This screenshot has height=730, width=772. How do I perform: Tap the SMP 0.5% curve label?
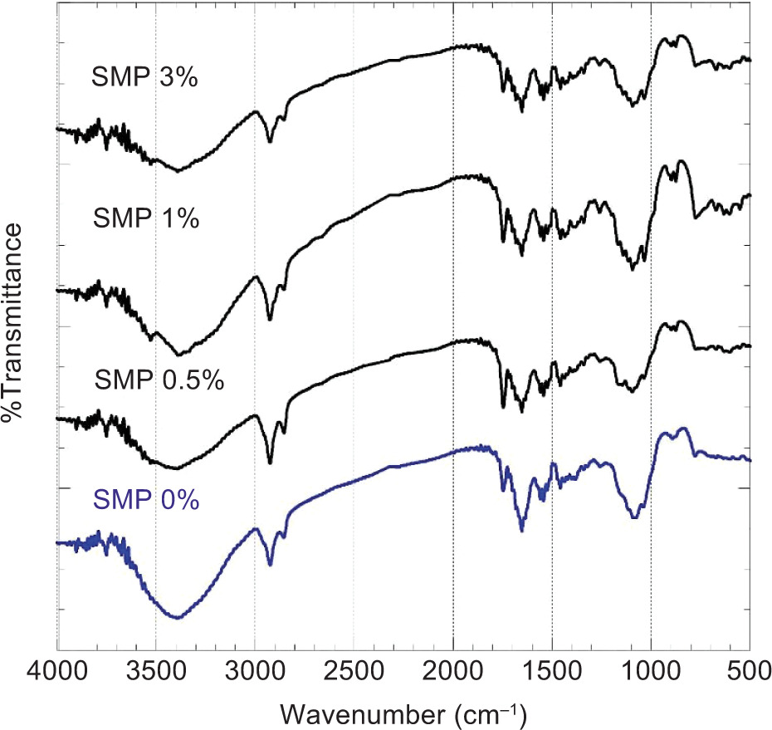(159, 380)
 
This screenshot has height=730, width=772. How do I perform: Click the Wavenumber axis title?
(403, 713)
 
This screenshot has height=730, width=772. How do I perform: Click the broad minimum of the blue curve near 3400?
(177, 617)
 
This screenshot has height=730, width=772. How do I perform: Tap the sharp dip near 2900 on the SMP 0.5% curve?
(271, 463)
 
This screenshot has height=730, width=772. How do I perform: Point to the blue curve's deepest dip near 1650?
(521, 531)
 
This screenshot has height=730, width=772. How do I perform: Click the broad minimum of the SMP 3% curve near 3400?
(178, 171)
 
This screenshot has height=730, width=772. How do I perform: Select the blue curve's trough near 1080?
(635, 517)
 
